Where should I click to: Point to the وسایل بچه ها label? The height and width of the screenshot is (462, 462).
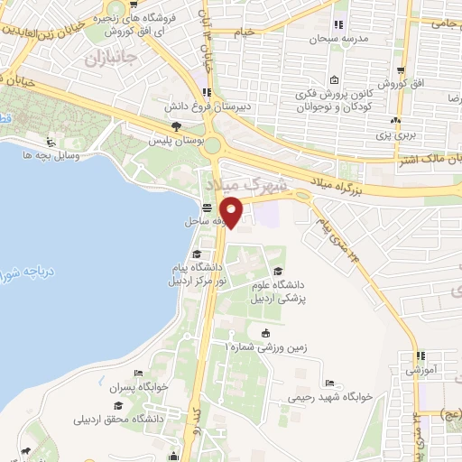[78, 156]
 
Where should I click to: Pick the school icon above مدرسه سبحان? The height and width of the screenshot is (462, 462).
[338, 24]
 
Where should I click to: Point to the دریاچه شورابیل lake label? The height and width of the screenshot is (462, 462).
[18, 271]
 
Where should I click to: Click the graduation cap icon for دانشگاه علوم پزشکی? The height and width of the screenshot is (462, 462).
[277, 272]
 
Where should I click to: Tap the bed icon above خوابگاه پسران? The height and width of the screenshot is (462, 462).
[137, 374]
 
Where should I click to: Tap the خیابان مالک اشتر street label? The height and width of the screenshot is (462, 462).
[433, 159]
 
